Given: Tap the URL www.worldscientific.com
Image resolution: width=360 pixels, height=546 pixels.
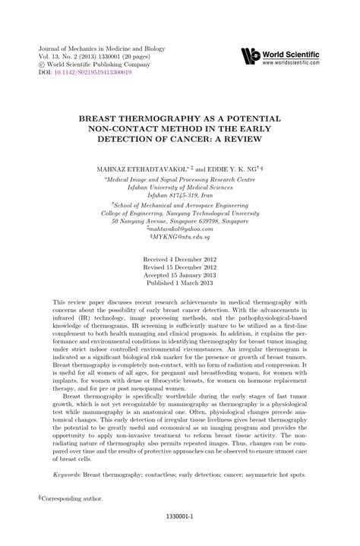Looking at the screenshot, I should [298, 62].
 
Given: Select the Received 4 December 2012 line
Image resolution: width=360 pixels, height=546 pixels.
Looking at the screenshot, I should [180, 259].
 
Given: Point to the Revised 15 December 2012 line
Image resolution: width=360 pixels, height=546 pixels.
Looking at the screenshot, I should [180, 267].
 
